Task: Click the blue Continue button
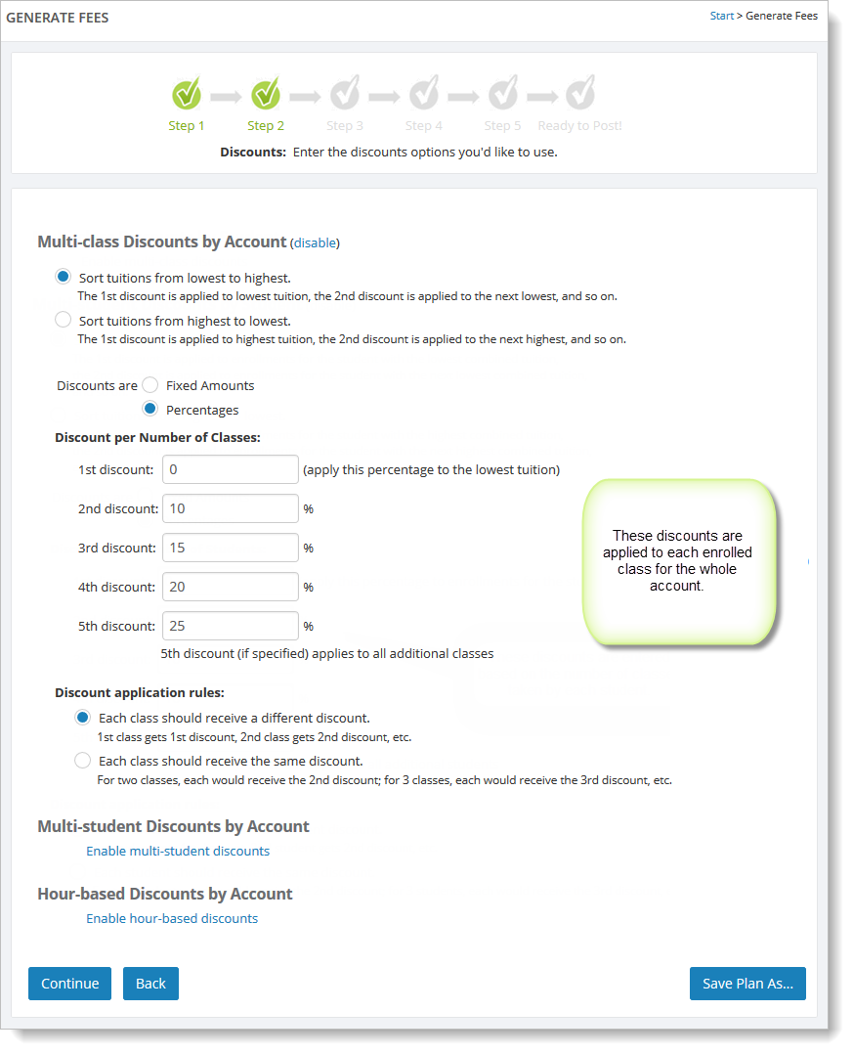pyautogui.click(x=69, y=984)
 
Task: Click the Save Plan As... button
pyautogui.click(x=747, y=984)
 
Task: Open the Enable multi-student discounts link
pyautogui.click(x=178, y=851)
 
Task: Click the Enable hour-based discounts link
pyautogui.click(x=172, y=918)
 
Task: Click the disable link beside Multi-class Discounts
pyautogui.click(x=315, y=242)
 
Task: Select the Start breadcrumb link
pyautogui.click(x=721, y=17)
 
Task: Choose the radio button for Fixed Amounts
pyautogui.click(x=150, y=385)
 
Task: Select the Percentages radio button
pyautogui.click(x=150, y=409)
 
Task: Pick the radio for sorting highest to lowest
pyautogui.click(x=64, y=320)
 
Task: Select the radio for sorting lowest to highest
pyautogui.click(x=64, y=277)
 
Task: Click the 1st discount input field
pyautogui.click(x=230, y=469)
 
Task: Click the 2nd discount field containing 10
pyautogui.click(x=230, y=508)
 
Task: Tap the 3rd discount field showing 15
pyautogui.click(x=230, y=548)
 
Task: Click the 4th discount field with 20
pyautogui.click(x=230, y=587)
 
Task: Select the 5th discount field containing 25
pyautogui.click(x=230, y=626)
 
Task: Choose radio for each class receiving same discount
pyautogui.click(x=83, y=760)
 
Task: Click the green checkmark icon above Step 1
pyautogui.click(x=187, y=94)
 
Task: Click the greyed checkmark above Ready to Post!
pyautogui.click(x=580, y=94)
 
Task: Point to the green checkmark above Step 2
pyautogui.click(x=266, y=94)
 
